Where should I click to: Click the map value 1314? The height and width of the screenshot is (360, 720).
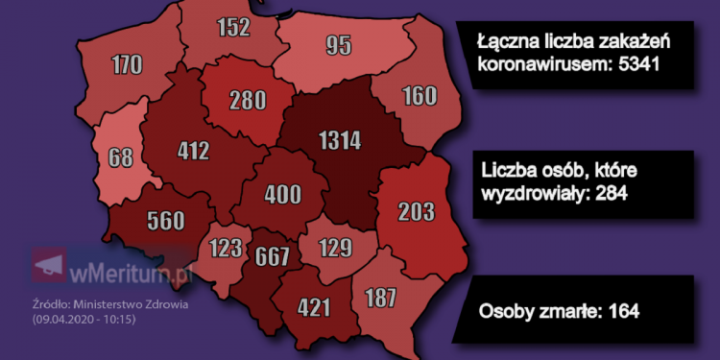340,141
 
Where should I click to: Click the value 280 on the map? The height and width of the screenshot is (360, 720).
249,100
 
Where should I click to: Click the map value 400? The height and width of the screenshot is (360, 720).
282,195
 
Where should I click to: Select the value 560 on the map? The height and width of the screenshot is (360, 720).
167,221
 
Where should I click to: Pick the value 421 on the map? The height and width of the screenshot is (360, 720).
314,307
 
